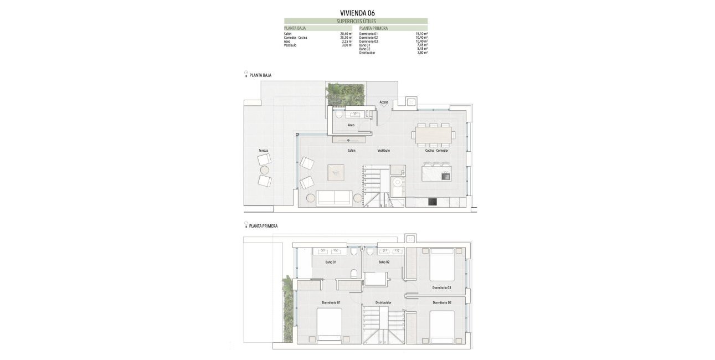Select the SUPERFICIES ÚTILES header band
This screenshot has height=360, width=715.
(x=356, y=21)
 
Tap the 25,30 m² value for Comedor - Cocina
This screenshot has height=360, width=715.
(x=346, y=38)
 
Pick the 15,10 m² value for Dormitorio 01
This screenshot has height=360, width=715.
(x=421, y=34)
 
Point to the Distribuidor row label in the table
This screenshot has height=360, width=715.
(x=367, y=53)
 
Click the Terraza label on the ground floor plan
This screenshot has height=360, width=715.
(x=263, y=151)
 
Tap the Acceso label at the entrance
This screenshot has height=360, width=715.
(x=384, y=102)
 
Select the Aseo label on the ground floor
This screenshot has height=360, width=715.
(x=351, y=125)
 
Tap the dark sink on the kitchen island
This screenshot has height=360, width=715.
(x=446, y=176)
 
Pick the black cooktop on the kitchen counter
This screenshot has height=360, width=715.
(x=433, y=202)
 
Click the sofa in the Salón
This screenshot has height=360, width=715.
(x=334, y=198)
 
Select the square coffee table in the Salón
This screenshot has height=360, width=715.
(x=335, y=173)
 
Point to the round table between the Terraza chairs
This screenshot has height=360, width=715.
(x=265, y=170)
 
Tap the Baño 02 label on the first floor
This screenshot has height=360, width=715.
(x=384, y=262)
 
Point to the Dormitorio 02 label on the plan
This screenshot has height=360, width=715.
(x=442, y=302)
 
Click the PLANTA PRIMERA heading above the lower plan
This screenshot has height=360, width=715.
(x=263, y=226)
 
